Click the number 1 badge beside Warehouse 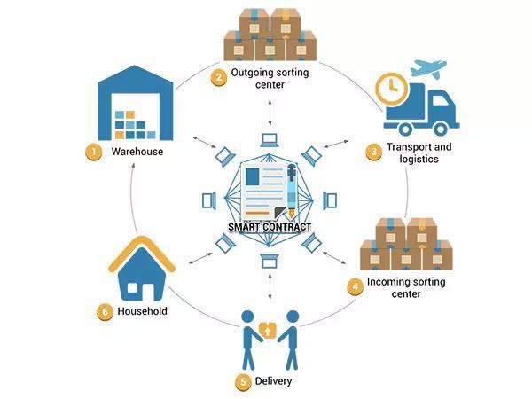(93, 152)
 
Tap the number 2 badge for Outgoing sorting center (219, 78)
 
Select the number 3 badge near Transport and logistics (373, 152)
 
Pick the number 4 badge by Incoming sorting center (355, 287)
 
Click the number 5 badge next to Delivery (243, 382)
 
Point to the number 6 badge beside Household (105, 311)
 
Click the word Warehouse (137, 152)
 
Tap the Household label (142, 311)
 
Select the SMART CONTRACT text (270, 227)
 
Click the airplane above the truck (428, 69)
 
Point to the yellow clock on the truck (391, 89)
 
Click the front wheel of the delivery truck (441, 129)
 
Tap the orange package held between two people (268, 330)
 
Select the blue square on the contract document (252, 176)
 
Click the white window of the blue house (132, 288)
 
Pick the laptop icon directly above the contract (270, 140)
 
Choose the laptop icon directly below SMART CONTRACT (270, 262)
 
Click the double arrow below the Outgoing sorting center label (270, 113)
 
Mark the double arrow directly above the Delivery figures (270, 286)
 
